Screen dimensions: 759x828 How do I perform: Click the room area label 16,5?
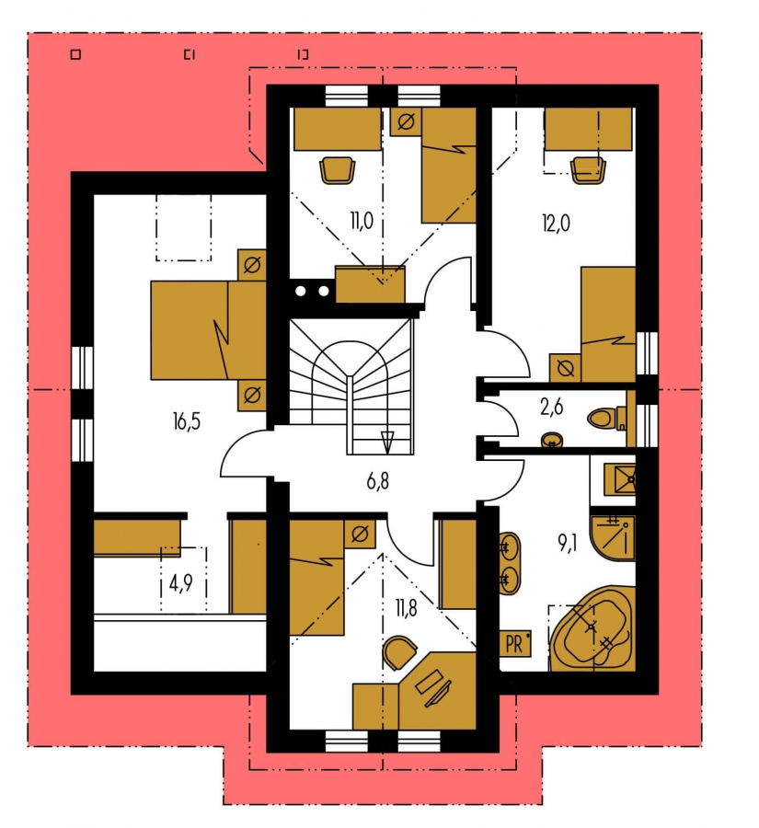tap(187, 422)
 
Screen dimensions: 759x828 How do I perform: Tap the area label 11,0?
tap(362, 221)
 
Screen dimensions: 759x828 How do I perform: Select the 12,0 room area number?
tap(556, 224)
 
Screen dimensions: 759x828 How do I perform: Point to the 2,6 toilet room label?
tap(551, 408)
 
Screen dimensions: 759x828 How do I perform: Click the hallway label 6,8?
tap(377, 481)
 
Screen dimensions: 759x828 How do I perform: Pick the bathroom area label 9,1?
tap(568, 544)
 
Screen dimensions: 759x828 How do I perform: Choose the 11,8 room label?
tap(405, 608)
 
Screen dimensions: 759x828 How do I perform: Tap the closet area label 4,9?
tap(180, 583)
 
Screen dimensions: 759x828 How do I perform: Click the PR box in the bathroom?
tap(515, 644)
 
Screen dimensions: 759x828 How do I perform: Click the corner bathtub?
tap(592, 628)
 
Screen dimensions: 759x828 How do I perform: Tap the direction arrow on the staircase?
tap(387, 443)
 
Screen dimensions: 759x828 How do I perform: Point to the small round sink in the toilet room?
tap(552, 440)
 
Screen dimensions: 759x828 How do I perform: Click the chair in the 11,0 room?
tap(337, 170)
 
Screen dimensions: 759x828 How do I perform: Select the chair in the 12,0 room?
tap(589, 170)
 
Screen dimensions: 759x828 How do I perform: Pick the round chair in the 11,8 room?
tap(399, 652)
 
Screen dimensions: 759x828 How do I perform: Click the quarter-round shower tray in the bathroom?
tap(614, 537)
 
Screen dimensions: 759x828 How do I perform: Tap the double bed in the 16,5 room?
tap(208, 330)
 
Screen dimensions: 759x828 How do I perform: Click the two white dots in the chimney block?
tap(312, 291)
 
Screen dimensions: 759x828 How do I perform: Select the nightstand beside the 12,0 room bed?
tap(565, 367)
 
